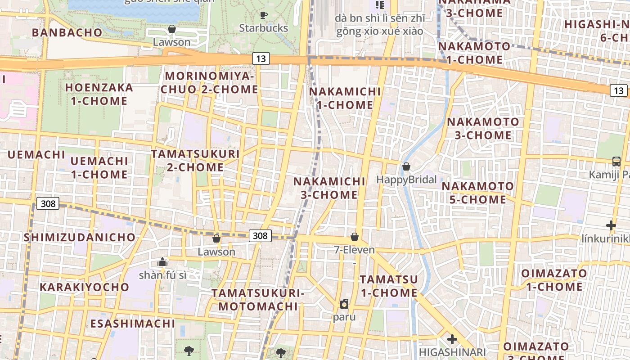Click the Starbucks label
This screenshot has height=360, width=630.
(263, 28)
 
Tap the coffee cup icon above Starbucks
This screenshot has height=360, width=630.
(264, 15)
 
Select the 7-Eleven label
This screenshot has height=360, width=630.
(354, 250)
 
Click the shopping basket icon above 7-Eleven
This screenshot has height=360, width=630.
(355, 236)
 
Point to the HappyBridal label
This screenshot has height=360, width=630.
(406, 180)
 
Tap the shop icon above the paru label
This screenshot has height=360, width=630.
(344, 304)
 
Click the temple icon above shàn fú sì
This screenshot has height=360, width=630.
(162, 262)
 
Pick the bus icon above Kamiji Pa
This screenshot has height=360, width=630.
(616, 161)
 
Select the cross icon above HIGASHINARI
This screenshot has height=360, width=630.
(452, 339)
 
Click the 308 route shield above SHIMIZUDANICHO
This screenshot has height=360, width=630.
(48, 203)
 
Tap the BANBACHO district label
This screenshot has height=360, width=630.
(67, 32)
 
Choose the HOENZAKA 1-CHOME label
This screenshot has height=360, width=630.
(99, 94)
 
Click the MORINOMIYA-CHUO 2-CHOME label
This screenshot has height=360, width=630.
(209, 83)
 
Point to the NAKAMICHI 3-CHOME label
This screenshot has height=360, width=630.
(329, 188)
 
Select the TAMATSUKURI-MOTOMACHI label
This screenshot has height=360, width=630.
(258, 300)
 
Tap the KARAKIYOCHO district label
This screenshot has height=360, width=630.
(84, 287)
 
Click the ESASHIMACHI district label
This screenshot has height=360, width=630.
(132, 324)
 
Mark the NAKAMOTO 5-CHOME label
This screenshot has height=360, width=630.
(477, 193)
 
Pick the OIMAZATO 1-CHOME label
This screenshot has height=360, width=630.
(553, 280)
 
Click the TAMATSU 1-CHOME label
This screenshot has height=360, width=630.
(389, 286)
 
